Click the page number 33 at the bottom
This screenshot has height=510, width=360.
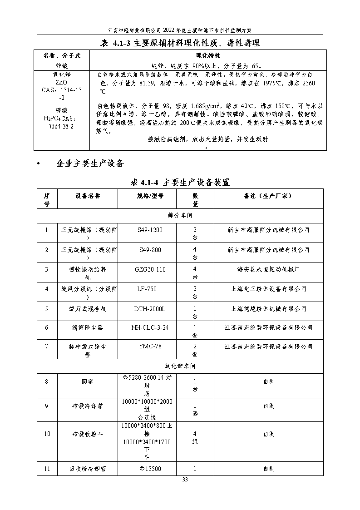pyautogui.click(x=185, y=480)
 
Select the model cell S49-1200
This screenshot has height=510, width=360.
pyautogui.click(x=150, y=230)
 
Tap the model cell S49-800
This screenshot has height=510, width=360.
pyautogui.click(x=150, y=250)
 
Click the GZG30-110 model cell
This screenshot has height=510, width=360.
pyautogui.click(x=150, y=269)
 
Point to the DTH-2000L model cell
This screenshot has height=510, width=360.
pyautogui.click(x=150, y=309)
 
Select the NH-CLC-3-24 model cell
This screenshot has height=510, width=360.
pyautogui.click(x=150, y=327)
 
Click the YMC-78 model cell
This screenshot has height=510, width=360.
pyautogui.click(x=150, y=347)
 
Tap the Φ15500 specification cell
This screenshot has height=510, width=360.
pyautogui.click(x=150, y=469)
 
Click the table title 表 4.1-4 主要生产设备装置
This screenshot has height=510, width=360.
pyautogui.click(x=180, y=183)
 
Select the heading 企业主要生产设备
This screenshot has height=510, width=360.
pyautogui.click(x=90, y=163)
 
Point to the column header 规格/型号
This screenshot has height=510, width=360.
pyautogui.click(x=150, y=196)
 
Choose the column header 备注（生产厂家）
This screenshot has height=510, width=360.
pyautogui.click(x=268, y=196)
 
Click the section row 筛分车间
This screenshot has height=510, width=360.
pyautogui.click(x=180, y=215)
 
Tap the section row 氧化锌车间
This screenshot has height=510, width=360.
pyautogui.click(x=180, y=366)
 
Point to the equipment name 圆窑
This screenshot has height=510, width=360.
pyautogui.click(x=88, y=381)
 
